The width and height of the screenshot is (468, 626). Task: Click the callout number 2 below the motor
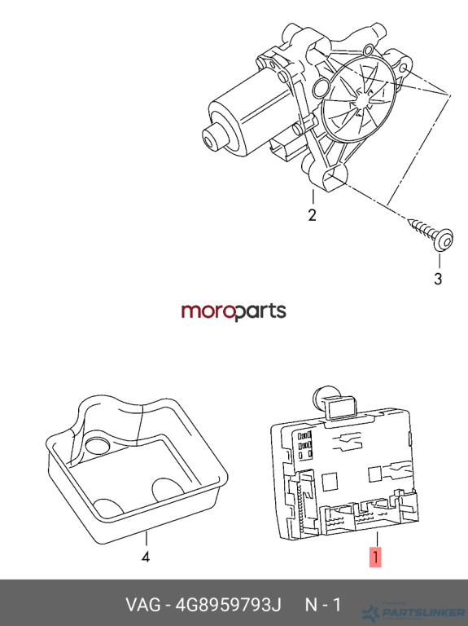pyautogui.click(x=312, y=215)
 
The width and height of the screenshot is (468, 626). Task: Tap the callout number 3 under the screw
pyautogui.click(x=438, y=279)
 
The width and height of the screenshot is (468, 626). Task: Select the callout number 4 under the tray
pyautogui.click(x=146, y=556)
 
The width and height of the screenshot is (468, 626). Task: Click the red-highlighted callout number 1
pyautogui.click(x=375, y=557)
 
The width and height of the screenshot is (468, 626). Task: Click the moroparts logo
pyautogui.click(x=234, y=312)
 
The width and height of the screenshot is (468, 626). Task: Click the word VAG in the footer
pyautogui.click(x=143, y=605)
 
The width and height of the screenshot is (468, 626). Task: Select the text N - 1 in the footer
pyautogui.click(x=323, y=605)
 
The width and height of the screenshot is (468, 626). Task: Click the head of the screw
pyautogui.click(x=444, y=240)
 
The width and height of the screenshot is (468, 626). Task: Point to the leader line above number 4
pyautogui.click(x=147, y=540)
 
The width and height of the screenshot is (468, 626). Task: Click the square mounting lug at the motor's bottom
pyautogui.click(x=329, y=179)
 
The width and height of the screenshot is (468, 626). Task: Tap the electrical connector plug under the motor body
pyautogui.click(x=282, y=149)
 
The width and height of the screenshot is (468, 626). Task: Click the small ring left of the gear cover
pyautogui.click(x=321, y=89)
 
